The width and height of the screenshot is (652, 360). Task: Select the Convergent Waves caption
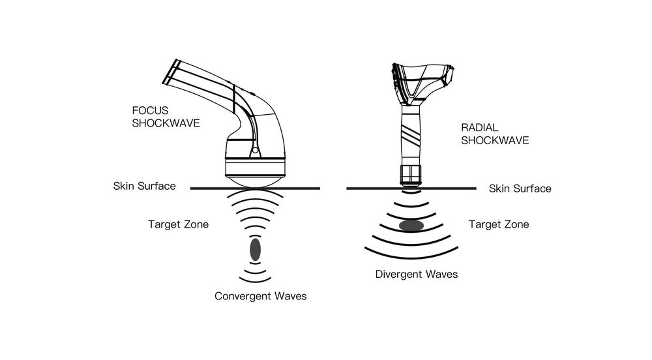point(260,296)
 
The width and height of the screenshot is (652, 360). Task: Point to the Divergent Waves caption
point(416,274)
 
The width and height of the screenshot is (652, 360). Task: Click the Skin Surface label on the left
point(144,187)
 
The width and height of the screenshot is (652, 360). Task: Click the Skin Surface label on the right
point(520,188)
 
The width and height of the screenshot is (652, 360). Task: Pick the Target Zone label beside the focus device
point(178,225)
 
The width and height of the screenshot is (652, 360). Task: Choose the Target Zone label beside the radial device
point(499,224)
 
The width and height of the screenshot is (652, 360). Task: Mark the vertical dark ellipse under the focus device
point(255,248)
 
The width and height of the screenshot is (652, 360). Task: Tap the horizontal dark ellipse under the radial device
point(410,226)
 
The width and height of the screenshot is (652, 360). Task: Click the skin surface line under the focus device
point(215,188)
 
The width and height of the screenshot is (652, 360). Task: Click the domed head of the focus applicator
point(255,177)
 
